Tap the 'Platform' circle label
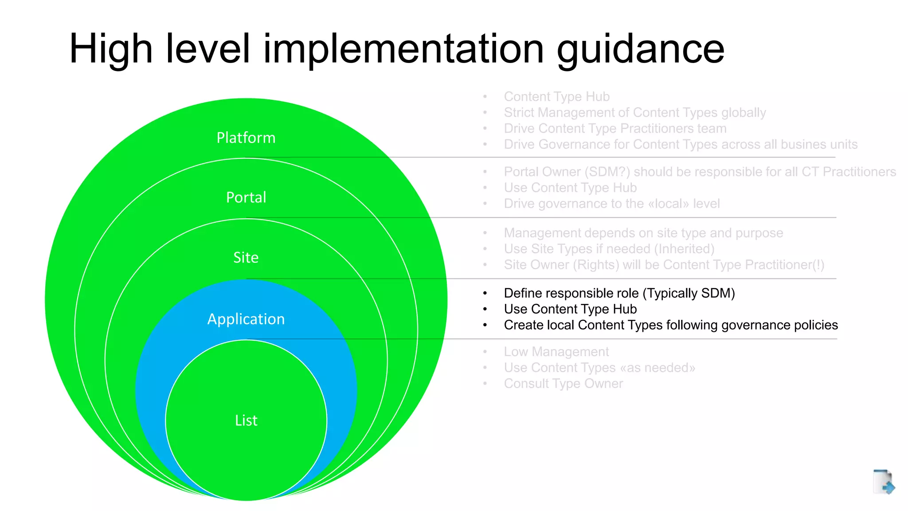point(246,138)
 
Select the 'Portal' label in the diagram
point(246,197)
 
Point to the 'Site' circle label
point(246,258)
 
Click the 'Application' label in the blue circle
point(246,319)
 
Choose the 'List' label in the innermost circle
point(246,421)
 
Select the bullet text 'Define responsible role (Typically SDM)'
point(619,293)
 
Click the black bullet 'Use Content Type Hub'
point(570,309)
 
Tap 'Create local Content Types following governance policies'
point(671,325)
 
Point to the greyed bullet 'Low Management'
point(556,352)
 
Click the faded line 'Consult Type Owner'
point(564,384)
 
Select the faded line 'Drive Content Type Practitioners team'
point(615,129)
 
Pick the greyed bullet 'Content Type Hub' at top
point(556,97)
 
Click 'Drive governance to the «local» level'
point(612,204)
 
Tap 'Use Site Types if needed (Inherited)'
point(609,249)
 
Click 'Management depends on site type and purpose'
point(643,233)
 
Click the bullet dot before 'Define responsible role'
point(485,293)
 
